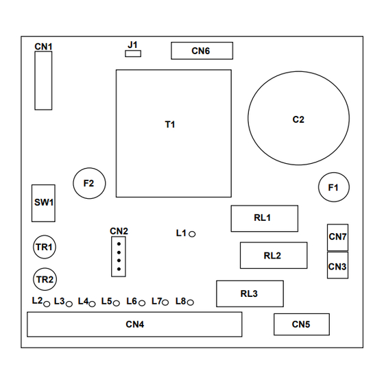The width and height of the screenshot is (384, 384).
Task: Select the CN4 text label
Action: [135, 324]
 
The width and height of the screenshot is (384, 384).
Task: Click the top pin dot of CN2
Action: [119, 244]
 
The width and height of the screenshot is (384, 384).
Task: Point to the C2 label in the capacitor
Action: [298, 119]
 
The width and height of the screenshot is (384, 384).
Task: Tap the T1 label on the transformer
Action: [170, 124]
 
